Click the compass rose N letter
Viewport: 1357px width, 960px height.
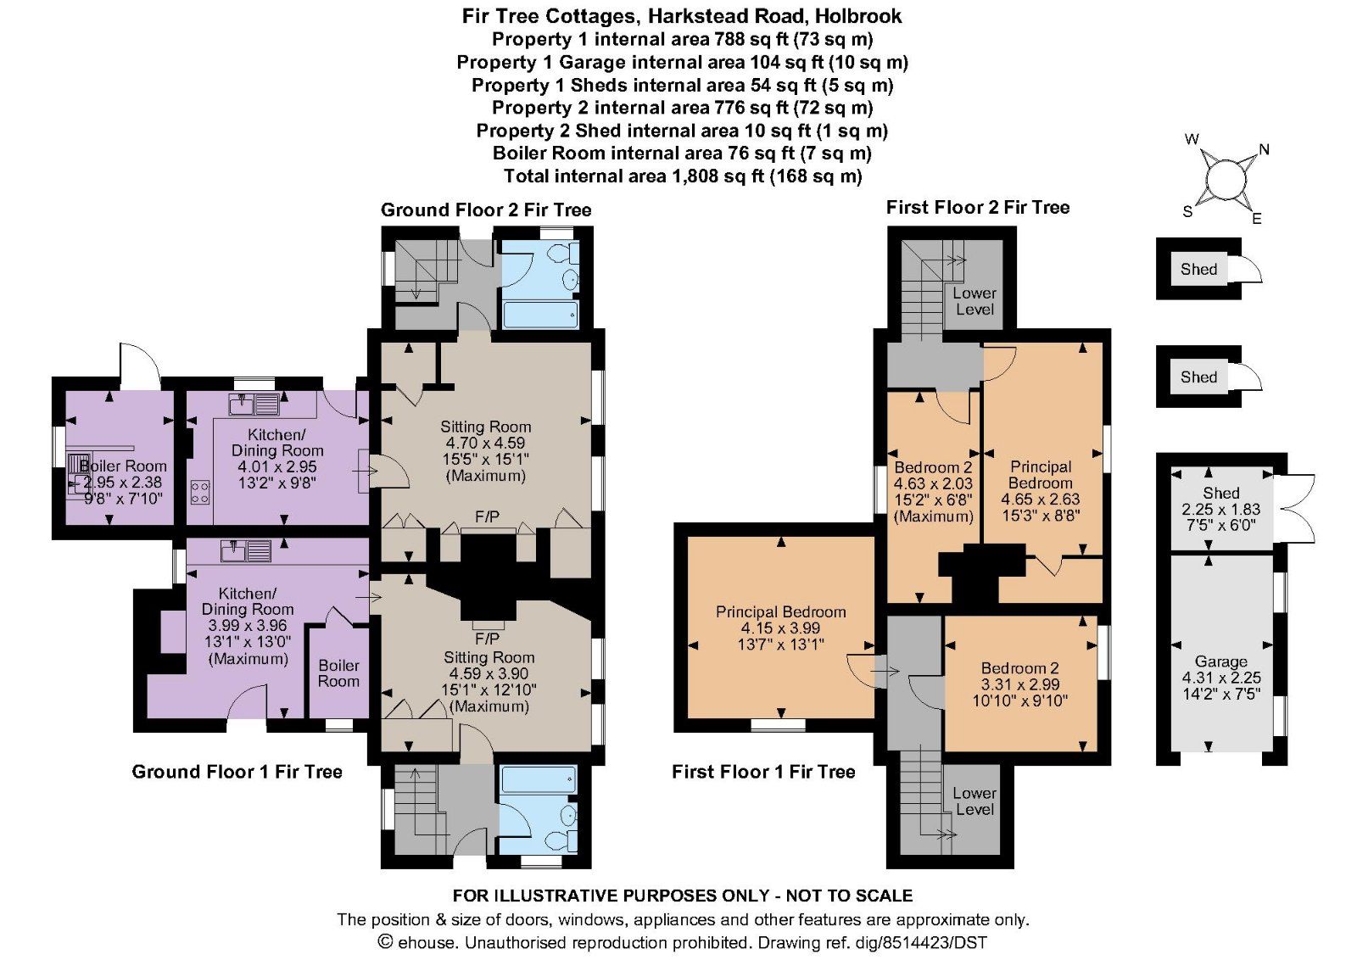[1264, 150]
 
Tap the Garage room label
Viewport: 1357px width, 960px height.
[1220, 661]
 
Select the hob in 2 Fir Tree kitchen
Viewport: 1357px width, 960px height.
[200, 492]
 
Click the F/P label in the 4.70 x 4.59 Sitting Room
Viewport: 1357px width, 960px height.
[487, 516]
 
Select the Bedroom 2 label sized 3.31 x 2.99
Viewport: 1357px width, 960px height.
[1019, 668]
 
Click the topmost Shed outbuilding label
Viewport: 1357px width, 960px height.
[1198, 269]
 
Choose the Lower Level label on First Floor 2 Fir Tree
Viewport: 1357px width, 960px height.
[974, 301]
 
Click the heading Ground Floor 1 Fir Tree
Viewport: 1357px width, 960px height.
[237, 772]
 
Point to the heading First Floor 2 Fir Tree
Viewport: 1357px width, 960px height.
[977, 208]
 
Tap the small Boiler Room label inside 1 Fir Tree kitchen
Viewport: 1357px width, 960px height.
[338, 673]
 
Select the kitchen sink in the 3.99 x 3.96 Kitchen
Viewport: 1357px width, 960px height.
[245, 552]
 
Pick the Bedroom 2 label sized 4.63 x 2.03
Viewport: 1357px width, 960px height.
[933, 467]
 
